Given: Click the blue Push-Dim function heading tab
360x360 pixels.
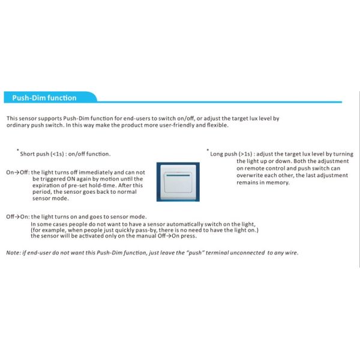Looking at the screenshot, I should click(x=45, y=98).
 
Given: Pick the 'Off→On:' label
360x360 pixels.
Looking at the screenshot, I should click(x=17, y=217).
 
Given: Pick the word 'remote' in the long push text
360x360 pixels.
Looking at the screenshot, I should click(x=254, y=169).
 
